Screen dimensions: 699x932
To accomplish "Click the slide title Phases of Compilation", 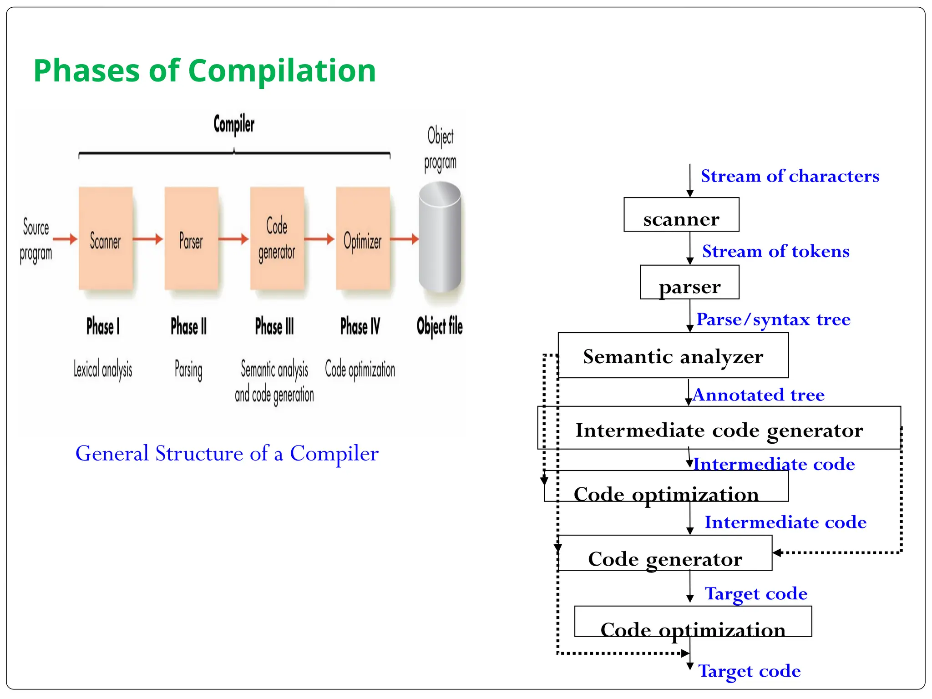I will coord(204,71).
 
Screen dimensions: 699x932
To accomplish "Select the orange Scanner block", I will coord(106,238).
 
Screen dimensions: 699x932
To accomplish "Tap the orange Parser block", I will coord(191,238).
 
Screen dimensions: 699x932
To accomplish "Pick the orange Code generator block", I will coord(277,238).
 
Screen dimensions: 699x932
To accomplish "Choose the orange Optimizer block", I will coord(363,238).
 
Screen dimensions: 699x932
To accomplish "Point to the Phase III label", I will coord(274,326).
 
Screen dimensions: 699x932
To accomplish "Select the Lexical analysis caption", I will coord(103,369).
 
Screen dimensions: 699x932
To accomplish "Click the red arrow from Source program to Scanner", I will coord(65,238).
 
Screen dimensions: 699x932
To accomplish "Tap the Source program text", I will coord(35,240).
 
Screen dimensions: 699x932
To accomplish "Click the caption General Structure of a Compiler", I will coord(227,453).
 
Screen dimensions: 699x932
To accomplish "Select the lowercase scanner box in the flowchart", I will coord(681,214).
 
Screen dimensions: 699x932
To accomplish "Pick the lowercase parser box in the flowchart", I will coord(689,282).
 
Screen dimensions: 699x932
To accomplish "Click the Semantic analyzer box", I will coord(673,355).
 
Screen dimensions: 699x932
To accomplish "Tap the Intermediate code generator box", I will coord(719,428).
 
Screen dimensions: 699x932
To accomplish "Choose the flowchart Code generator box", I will coord(664,553).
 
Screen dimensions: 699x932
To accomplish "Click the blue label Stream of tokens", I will coord(775,251).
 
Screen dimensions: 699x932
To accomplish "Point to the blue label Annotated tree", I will coord(758,395).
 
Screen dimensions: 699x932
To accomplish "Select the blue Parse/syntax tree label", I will coord(773,319).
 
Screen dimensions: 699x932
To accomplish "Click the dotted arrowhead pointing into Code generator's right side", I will coord(777,552).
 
